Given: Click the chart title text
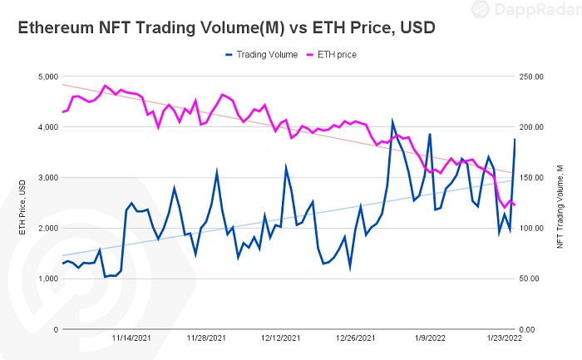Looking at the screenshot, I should coord(227,27).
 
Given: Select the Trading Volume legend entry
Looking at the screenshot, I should coord(263,55).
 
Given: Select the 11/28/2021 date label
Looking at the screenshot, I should coord(205,338).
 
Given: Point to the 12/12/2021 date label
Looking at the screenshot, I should coord(281,338).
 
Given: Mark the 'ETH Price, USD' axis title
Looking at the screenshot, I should coord(22,203).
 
